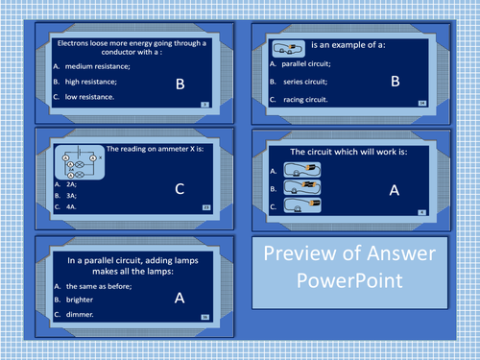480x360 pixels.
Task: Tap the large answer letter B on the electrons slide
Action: point(179,84)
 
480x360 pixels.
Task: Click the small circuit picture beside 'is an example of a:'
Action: point(288,45)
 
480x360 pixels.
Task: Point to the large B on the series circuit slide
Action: point(394,82)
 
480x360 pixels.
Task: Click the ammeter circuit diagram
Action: point(77,161)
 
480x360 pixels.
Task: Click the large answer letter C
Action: point(179,190)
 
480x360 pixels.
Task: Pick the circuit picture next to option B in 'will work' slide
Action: point(311,186)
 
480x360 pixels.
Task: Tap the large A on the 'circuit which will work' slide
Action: point(393,190)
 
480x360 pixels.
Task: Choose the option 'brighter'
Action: point(80,299)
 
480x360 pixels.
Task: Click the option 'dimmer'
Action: point(78,313)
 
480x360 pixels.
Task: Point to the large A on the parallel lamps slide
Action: point(179,299)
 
